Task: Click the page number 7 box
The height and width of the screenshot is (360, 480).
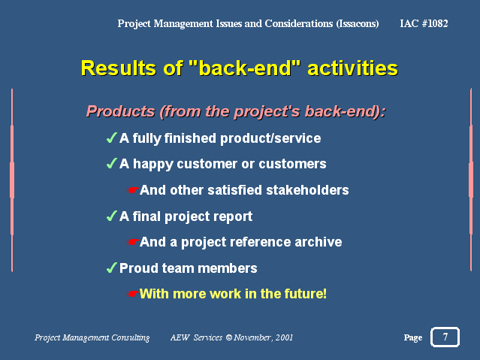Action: pos(445,337)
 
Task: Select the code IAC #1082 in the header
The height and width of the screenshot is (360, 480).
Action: pos(424,23)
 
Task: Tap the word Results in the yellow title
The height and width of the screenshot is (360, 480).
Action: pos(119,68)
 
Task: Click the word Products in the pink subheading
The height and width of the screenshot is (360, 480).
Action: pos(121,111)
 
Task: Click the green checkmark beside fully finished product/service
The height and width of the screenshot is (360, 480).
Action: pos(111,138)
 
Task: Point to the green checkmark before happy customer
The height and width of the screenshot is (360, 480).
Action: pos(111,164)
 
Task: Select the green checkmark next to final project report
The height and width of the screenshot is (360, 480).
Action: pos(111,216)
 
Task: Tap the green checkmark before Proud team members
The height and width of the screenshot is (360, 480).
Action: pos(111,268)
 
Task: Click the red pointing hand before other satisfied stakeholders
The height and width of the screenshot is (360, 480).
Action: pos(133,190)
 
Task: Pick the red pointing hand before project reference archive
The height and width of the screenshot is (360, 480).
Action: pos(133,242)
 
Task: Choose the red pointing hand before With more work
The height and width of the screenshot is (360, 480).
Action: pos(133,294)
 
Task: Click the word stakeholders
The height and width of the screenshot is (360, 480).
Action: pos(307,190)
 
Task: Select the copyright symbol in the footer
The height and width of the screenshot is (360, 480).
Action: pos(228,337)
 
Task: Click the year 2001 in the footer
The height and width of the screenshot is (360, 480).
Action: pos(284,337)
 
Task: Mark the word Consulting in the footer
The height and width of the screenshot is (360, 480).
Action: pos(131,337)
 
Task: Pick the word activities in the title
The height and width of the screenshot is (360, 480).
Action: pos(352,68)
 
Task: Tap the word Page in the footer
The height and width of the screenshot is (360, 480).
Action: pos(412,337)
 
